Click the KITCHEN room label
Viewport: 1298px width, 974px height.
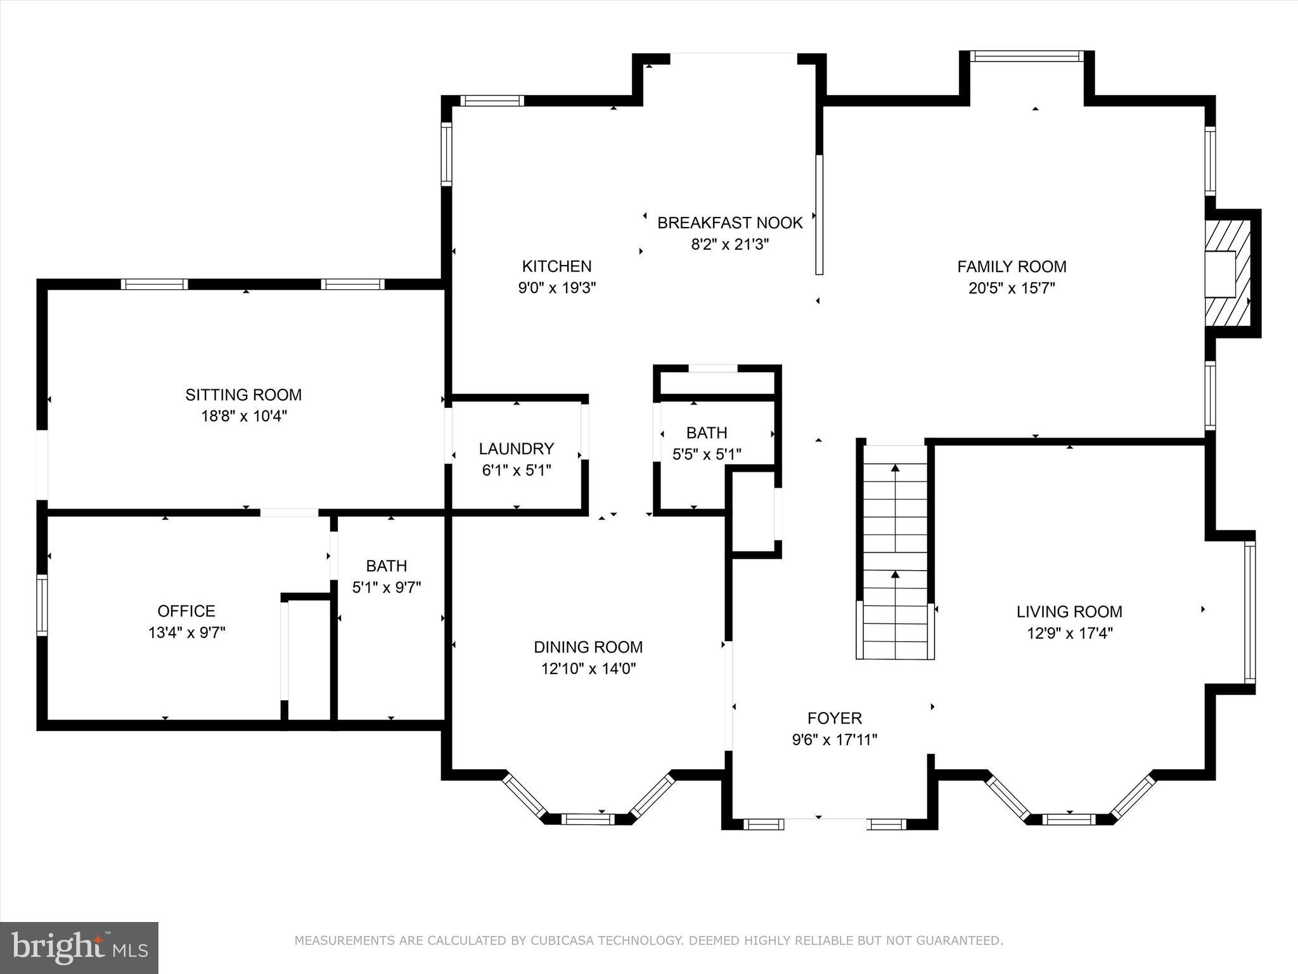pos(556,266)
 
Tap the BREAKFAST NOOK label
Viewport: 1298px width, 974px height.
pos(730,223)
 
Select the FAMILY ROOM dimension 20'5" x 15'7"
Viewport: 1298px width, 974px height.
pos(1012,289)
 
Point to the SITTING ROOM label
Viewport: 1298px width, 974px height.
pos(243,395)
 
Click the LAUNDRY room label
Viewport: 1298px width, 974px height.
pos(517,449)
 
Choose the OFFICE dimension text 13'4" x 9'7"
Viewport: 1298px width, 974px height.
pos(186,633)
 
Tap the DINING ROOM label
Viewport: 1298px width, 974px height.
pos(588,647)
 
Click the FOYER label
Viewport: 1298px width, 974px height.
pos(835,718)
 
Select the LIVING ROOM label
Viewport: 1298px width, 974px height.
pos(1069,612)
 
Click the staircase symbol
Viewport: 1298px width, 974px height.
pos(896,552)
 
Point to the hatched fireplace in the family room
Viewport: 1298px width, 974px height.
pos(1228,273)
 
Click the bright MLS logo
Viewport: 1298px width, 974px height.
pos(79,948)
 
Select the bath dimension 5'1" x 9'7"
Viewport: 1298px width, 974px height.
pos(387,588)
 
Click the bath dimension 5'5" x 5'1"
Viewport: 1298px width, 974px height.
pos(707,455)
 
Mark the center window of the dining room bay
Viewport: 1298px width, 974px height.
pos(588,819)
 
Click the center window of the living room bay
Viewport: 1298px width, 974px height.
pos(1069,819)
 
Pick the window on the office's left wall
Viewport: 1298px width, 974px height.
pos(42,605)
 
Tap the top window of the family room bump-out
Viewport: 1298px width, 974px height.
pos(1027,56)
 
